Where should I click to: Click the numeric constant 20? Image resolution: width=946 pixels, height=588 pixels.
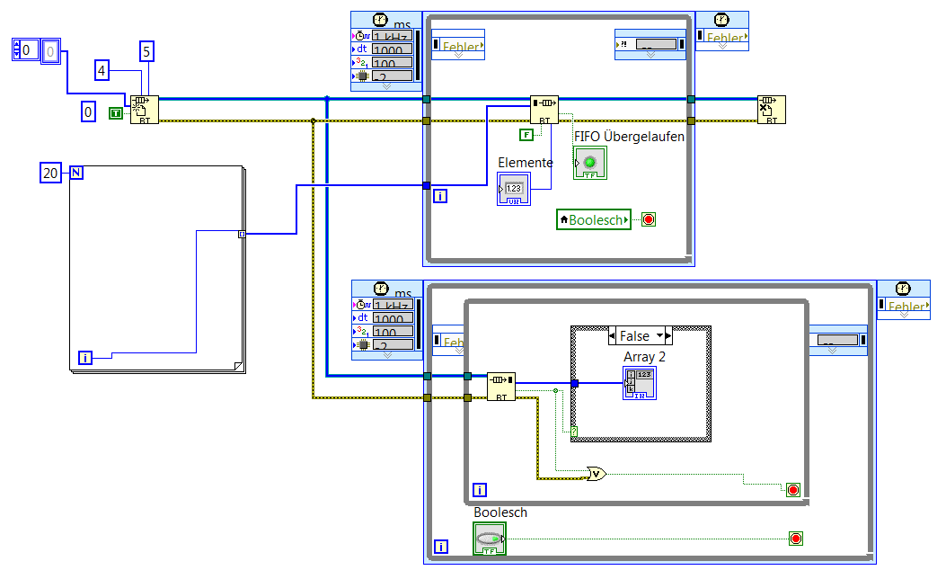pyautogui.click(x=50, y=173)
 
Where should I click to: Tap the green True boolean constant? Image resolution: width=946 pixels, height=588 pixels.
pyautogui.click(x=117, y=112)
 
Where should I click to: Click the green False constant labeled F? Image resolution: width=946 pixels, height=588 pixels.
pyautogui.click(x=526, y=135)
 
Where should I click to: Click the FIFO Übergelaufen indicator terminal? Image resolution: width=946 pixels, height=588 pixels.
pyautogui.click(x=589, y=164)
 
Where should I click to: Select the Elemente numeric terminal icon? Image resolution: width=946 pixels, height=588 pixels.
pyautogui.click(x=514, y=189)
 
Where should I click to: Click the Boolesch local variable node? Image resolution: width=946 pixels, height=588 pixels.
pyautogui.click(x=594, y=219)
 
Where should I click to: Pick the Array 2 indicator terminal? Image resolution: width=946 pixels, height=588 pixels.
pyautogui.click(x=641, y=384)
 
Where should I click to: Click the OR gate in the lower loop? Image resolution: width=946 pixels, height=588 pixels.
pyautogui.click(x=595, y=473)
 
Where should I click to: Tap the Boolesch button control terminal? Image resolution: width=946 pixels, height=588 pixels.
pyautogui.click(x=489, y=539)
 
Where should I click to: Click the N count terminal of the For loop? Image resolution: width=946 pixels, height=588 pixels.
pyautogui.click(x=76, y=173)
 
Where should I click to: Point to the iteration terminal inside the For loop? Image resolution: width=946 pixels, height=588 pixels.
pyautogui.click(x=86, y=358)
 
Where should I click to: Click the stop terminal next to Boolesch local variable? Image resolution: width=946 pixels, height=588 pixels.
pyautogui.click(x=648, y=219)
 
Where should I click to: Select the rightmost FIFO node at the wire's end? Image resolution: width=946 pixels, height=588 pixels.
pyautogui.click(x=771, y=109)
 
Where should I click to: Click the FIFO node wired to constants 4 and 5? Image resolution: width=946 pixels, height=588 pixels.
pyautogui.click(x=144, y=109)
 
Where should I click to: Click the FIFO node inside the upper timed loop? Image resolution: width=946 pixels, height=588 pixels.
pyautogui.click(x=544, y=109)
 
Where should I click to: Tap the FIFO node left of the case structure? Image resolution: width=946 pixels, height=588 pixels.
pyautogui.click(x=501, y=387)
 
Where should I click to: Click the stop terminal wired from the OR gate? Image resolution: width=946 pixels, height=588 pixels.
pyautogui.click(x=792, y=489)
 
